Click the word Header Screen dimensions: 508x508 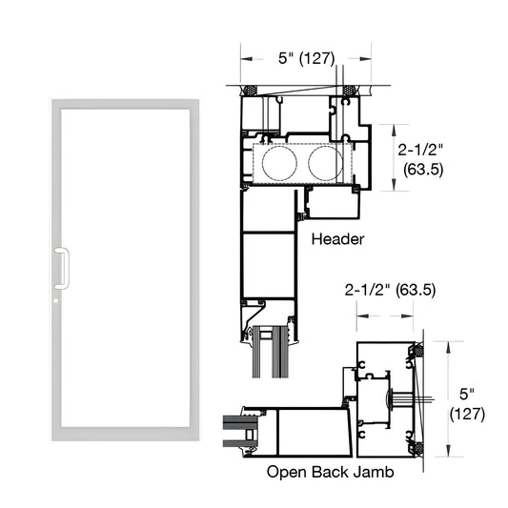click(x=338, y=240)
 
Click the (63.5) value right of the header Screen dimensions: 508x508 click(x=419, y=172)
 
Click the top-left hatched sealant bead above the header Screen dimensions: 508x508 click(x=252, y=91)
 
